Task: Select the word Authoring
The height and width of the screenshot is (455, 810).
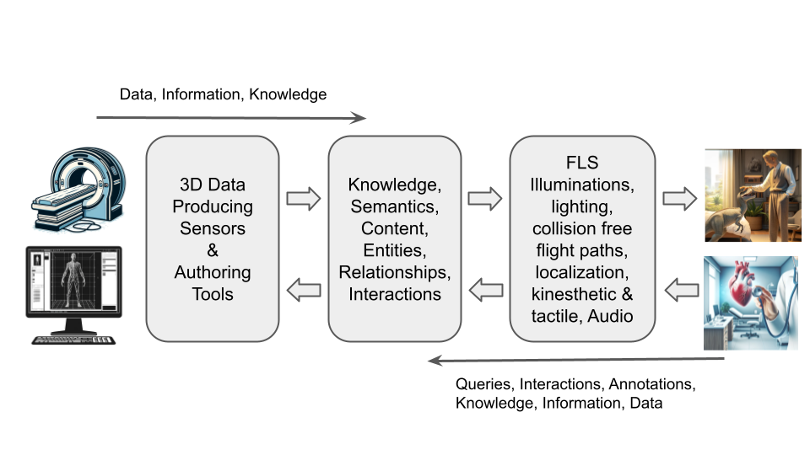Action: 212,272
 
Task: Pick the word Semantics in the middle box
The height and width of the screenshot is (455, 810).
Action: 395,206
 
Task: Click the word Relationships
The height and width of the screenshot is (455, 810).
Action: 395,272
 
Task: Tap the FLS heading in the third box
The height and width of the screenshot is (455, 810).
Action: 581,163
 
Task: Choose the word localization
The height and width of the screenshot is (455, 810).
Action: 581,272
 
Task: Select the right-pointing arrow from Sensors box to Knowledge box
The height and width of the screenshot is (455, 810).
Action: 304,199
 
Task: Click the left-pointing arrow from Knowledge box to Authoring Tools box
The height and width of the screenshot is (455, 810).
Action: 304,291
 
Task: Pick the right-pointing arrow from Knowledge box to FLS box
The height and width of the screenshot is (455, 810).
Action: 485,199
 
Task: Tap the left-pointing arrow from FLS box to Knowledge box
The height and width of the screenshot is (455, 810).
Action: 485,291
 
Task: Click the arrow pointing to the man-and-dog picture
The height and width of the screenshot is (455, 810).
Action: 679,199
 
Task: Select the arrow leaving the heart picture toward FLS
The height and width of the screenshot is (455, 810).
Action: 679,291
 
